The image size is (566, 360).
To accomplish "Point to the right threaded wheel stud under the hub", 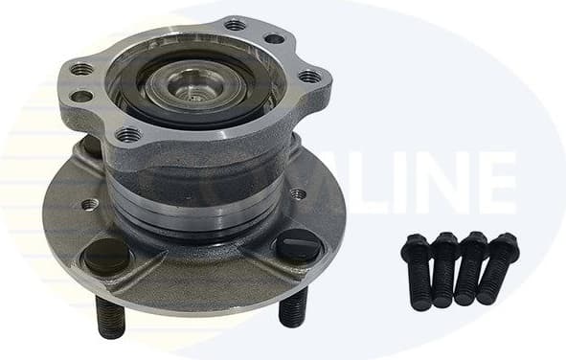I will pyautogui.click(x=292, y=305).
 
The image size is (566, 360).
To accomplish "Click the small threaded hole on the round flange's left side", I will pyautogui.click(x=89, y=204).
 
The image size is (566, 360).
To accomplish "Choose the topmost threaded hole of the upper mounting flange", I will pyautogui.click(x=234, y=24).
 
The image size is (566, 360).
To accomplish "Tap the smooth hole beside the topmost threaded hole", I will pyautogui.click(x=273, y=39).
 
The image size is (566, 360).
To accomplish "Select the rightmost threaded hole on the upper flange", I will pyautogui.click(x=309, y=76).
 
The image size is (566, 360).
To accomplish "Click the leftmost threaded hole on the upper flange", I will pyautogui.click(x=81, y=69).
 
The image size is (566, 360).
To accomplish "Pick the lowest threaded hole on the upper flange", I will pyautogui.click(x=128, y=134).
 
